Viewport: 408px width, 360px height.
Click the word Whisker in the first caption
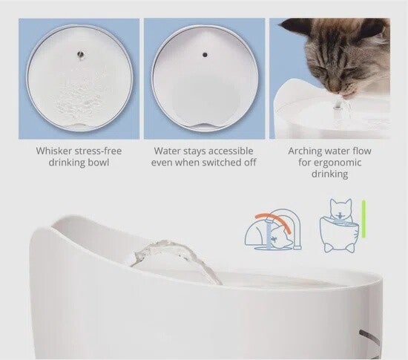tap(54, 151)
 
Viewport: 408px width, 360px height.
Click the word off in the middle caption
tap(250, 163)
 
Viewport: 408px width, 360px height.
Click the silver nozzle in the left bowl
tap(80, 55)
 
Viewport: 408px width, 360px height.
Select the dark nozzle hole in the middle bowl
tap(205, 55)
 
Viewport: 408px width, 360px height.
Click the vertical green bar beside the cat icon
tap(363, 219)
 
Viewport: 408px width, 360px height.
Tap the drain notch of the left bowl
tap(79, 126)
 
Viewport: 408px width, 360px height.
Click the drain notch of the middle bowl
tap(204, 125)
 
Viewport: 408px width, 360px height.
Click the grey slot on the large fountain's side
tap(369, 338)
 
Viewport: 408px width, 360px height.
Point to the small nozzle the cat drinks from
tap(338, 106)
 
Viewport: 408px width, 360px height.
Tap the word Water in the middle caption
tap(166, 151)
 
